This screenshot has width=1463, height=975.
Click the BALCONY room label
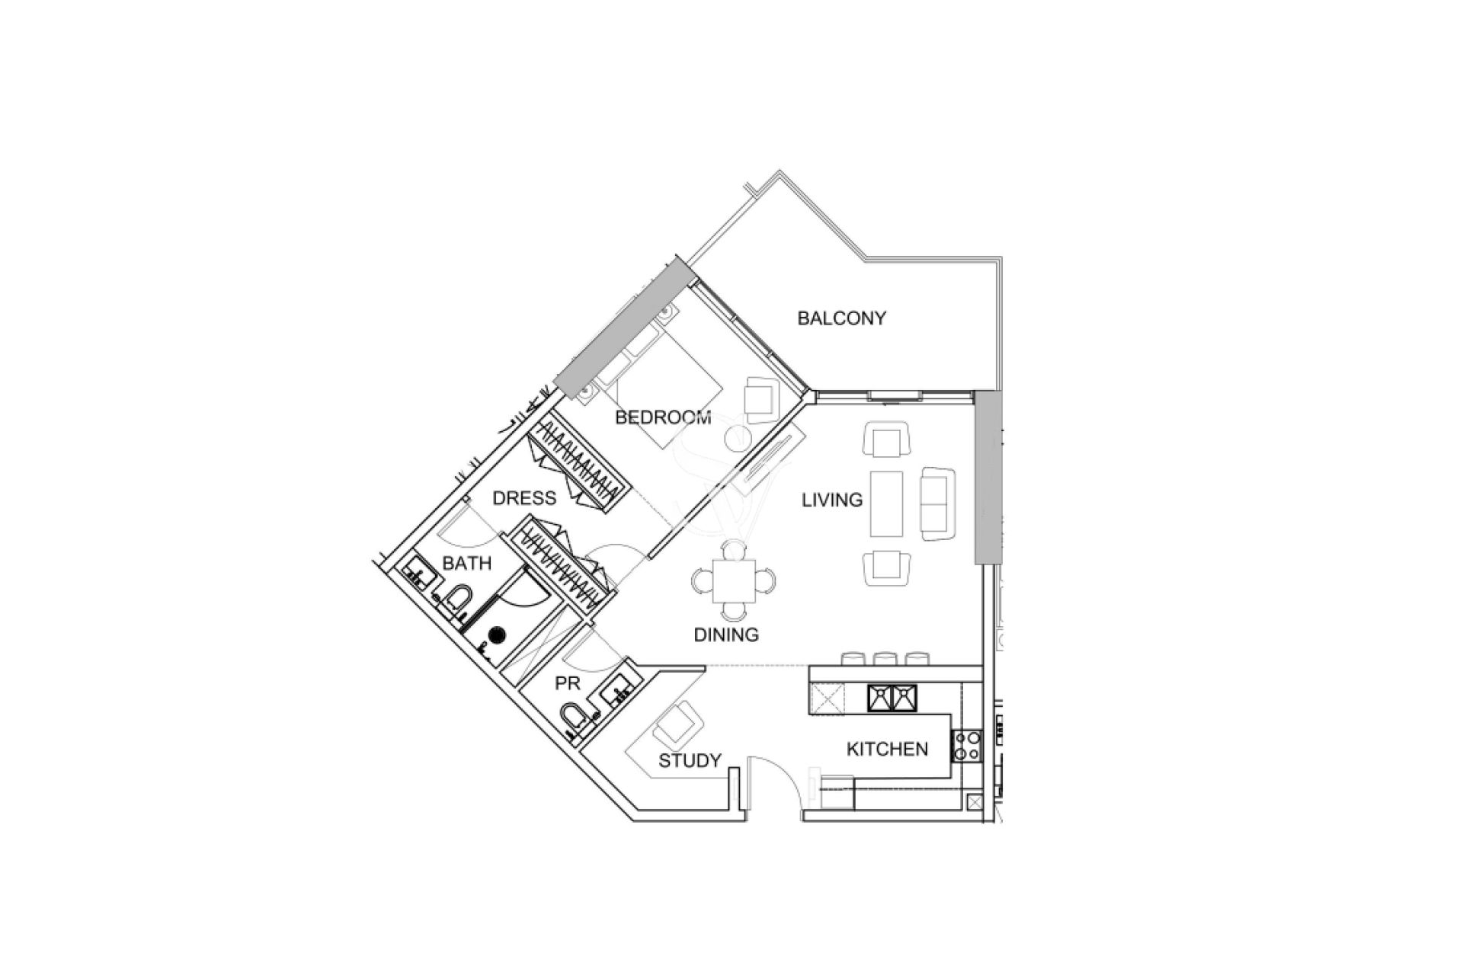pos(841,318)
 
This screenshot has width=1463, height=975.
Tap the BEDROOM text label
pos(663,417)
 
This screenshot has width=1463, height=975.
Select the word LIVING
pos(832,500)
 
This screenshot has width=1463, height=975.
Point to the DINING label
pos(726,635)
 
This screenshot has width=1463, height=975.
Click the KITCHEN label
pos(887,750)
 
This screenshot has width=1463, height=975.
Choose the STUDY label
pos(690,761)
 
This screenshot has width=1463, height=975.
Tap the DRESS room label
pos(524,498)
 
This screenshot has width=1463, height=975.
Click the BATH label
pos(466,564)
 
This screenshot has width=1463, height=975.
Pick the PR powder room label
pos(568,684)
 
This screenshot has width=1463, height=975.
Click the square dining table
pos(735,581)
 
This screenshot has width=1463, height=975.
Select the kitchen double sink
pos(892,698)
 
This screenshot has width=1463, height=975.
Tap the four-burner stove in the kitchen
pos(967,745)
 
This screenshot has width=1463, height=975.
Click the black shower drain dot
pos(497,633)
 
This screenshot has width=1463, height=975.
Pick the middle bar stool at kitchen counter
pos(884,658)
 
